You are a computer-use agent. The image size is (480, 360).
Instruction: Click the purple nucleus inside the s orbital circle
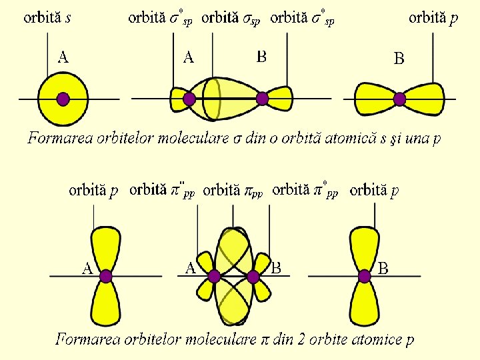tap(63, 99)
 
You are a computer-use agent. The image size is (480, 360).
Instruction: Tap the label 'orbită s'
tap(47, 18)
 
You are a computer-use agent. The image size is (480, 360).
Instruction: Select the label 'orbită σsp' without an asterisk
tap(231, 19)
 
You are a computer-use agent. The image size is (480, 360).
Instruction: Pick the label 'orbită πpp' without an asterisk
tap(233, 191)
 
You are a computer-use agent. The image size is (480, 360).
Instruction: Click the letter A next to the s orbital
tap(63, 57)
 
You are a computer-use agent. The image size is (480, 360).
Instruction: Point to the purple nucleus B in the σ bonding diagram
tap(262, 99)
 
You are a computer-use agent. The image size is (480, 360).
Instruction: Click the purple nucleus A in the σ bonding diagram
tap(189, 99)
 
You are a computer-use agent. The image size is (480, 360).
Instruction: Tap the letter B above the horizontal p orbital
tap(399, 59)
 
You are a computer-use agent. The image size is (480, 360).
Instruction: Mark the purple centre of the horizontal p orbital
tap(399, 99)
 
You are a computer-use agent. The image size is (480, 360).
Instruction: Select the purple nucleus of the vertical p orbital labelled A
tap(105, 276)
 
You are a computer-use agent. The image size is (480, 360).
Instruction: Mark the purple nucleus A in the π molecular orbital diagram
tap(214, 276)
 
